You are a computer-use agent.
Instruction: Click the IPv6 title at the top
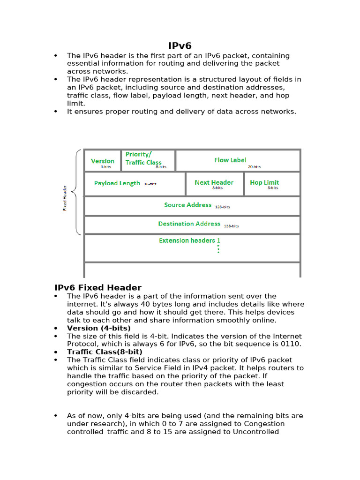(x=180, y=45)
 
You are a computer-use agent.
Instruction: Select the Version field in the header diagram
(x=103, y=161)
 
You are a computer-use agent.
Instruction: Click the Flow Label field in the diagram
(x=230, y=160)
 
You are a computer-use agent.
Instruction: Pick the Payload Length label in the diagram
(x=117, y=183)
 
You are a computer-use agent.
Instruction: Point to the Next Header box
(x=214, y=183)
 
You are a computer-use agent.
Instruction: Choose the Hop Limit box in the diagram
(x=265, y=183)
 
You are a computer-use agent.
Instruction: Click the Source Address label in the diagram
(x=188, y=205)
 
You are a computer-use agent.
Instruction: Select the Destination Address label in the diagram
(x=189, y=224)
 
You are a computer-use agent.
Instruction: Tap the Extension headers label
(x=187, y=240)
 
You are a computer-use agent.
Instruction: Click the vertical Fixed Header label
(x=65, y=198)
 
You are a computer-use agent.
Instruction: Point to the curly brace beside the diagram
(x=77, y=192)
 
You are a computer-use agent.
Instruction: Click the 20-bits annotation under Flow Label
(x=255, y=166)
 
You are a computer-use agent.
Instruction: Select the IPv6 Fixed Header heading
(x=98, y=287)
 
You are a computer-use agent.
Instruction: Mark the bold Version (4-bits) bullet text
(x=99, y=328)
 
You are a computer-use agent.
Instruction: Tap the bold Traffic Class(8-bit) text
(x=105, y=352)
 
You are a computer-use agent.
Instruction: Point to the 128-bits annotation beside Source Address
(x=223, y=207)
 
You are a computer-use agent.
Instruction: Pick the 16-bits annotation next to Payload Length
(x=150, y=184)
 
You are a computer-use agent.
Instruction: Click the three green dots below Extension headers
(x=218, y=248)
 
